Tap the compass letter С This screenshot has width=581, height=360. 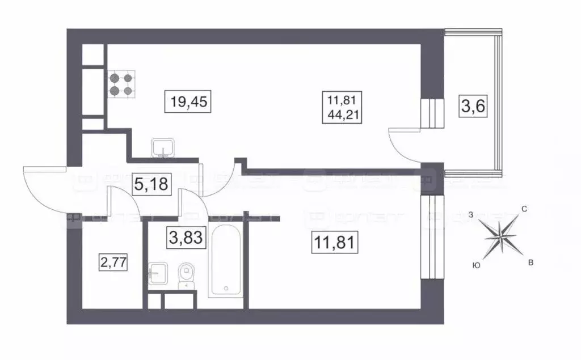[525, 210]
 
